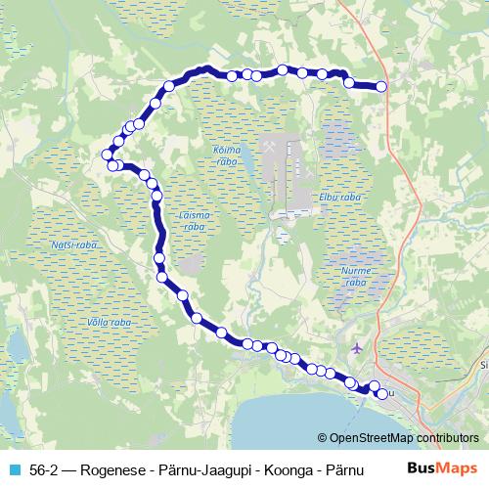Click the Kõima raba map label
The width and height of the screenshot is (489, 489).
[x=224, y=157]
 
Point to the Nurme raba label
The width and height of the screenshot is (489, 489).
[x=354, y=275]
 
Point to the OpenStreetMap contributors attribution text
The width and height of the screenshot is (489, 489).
[x=398, y=437]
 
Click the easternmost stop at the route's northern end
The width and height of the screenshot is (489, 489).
[x=381, y=87]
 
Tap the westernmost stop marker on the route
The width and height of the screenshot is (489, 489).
[x=108, y=154]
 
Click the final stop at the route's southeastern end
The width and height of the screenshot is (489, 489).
[x=381, y=394]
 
